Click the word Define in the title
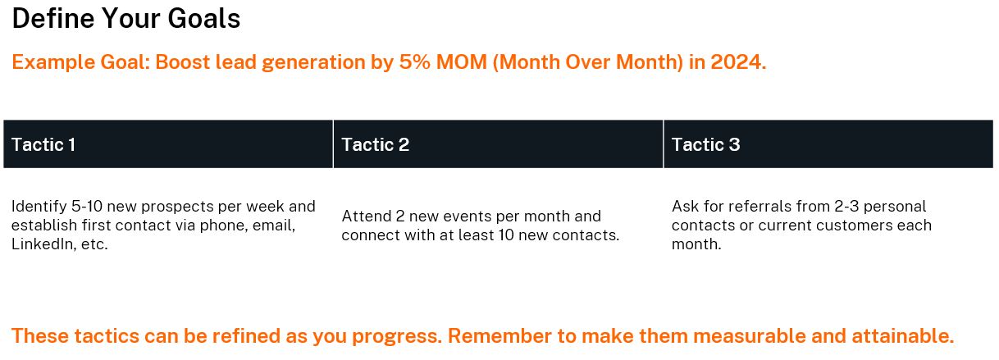50,18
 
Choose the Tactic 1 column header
43,145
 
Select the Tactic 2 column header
375,145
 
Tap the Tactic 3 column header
705,145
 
